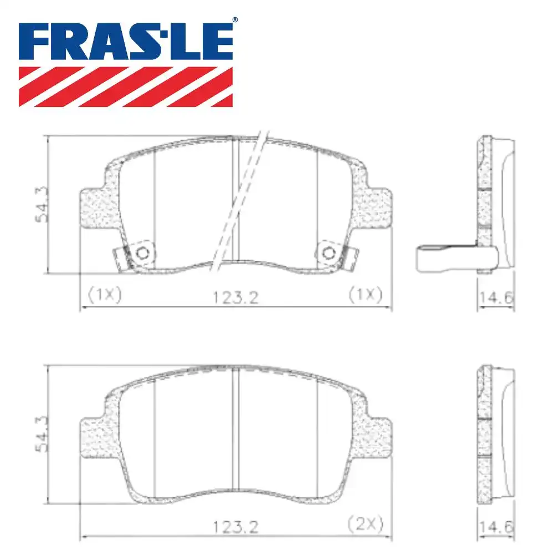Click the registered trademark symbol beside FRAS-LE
tap(234, 20)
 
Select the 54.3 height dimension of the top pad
tap(42, 204)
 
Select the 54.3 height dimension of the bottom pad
tap(42, 435)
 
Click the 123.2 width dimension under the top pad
tap(235, 297)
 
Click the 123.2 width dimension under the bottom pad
tap(235, 525)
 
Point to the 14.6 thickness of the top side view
tap(496, 297)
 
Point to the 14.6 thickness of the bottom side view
tap(496, 525)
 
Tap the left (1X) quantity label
tap(102, 295)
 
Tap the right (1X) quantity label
tap(366, 295)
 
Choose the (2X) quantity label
tap(366, 522)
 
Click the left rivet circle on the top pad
tap(142, 253)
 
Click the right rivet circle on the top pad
tap(329, 253)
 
